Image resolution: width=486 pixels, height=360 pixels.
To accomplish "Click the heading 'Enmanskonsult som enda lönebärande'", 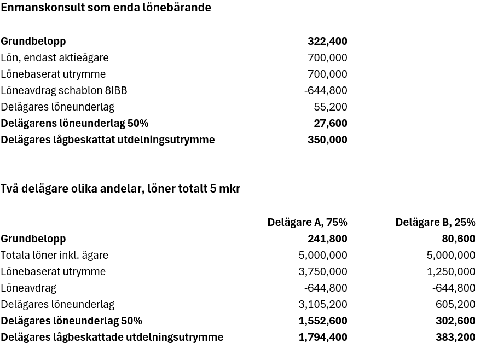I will (106, 8).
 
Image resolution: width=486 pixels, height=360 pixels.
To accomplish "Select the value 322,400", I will (327, 41).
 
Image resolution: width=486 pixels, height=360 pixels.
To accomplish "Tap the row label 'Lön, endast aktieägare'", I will (55, 57).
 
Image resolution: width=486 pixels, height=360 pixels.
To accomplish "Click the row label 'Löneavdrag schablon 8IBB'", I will (64, 90).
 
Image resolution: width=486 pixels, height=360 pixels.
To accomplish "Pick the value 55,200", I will (331, 107).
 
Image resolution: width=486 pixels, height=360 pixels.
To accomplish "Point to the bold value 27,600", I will (331, 123).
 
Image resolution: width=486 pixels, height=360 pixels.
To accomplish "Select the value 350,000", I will (327, 140).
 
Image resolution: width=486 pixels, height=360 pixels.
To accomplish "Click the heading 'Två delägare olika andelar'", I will (120, 189).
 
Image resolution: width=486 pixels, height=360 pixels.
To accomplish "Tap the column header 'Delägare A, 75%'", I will (307, 222).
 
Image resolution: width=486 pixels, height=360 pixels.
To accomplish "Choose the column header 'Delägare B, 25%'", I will (435, 222).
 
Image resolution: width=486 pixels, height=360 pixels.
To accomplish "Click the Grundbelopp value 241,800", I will (327, 239).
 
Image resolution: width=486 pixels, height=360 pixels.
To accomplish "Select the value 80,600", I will (459, 239).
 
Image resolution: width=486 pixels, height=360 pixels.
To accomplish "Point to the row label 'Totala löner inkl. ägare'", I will (55, 255).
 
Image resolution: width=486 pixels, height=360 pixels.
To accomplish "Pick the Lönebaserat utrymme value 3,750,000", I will (323, 271).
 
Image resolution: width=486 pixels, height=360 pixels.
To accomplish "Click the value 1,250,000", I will (451, 271).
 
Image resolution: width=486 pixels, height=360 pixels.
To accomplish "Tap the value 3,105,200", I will (323, 304).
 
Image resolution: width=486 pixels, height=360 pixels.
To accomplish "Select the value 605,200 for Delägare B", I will (455, 304).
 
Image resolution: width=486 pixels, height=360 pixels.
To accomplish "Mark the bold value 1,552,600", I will (323, 321).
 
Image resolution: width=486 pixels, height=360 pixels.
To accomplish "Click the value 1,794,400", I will (323, 337).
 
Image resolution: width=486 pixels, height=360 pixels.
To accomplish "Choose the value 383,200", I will (455, 337).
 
